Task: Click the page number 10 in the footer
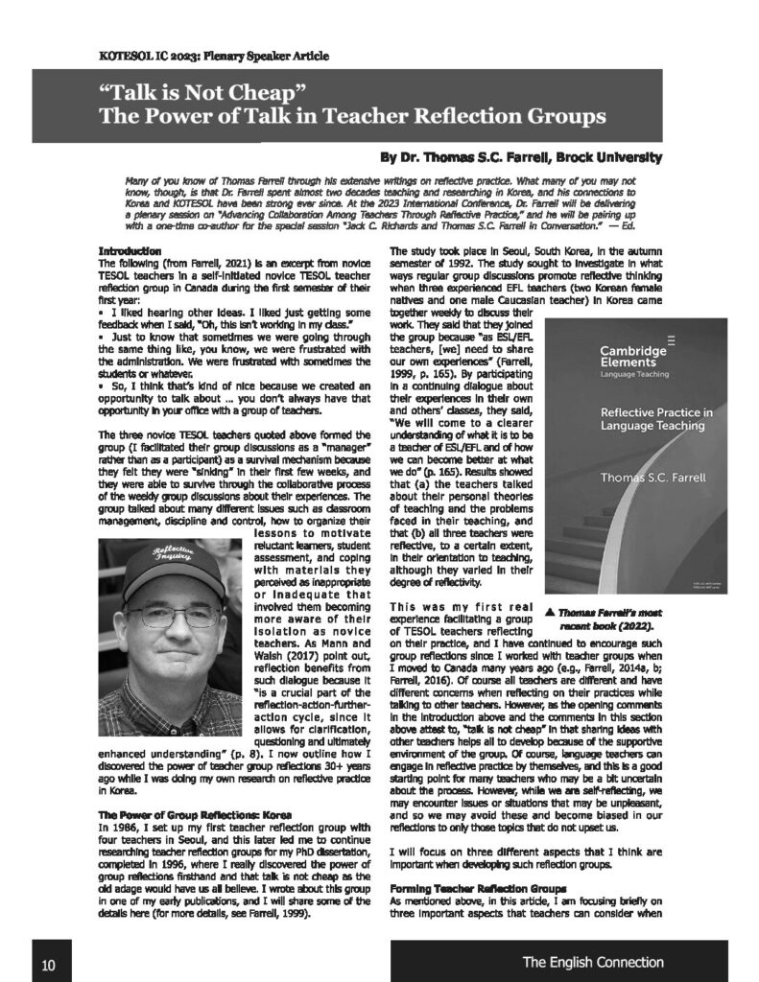48,964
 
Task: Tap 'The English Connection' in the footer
592,962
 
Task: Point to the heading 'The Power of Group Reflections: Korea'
194,814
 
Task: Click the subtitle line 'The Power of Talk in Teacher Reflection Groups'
351,118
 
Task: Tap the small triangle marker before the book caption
551,608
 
